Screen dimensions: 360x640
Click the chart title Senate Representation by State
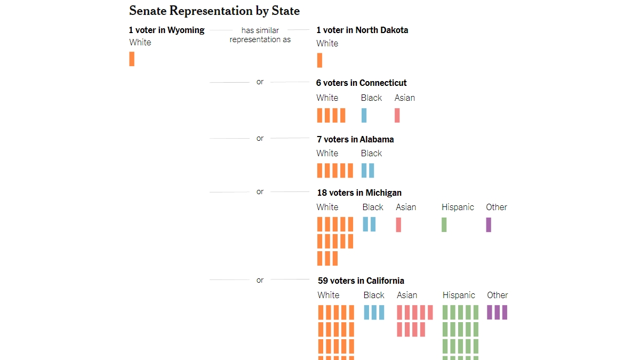coord(214,11)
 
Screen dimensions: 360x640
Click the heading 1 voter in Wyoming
coord(166,30)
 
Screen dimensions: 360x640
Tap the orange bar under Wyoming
coord(132,59)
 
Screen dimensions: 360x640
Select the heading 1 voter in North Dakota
coord(362,30)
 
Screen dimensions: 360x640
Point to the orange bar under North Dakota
coord(319,60)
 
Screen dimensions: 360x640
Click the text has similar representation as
coord(260,35)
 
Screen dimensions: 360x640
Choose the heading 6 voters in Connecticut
coord(361,83)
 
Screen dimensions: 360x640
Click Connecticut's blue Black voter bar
coord(364,115)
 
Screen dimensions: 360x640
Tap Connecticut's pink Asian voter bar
coord(397,115)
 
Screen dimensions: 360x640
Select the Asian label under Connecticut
coord(404,98)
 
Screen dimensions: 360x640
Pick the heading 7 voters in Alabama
coord(355,139)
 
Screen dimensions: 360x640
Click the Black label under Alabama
coord(371,153)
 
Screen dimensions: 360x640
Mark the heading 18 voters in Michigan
coord(359,193)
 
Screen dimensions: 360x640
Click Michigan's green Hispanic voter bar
coord(444,225)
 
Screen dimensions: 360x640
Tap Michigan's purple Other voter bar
coord(489,225)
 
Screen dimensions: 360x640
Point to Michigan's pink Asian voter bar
coord(398,225)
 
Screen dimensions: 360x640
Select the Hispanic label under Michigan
coord(458,207)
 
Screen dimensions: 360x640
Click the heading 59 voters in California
coord(361,281)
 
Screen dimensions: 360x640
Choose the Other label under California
coord(497,295)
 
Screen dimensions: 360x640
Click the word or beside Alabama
coord(260,138)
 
